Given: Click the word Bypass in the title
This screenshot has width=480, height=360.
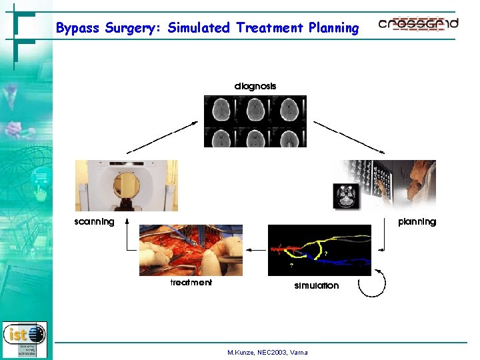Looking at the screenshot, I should [78, 28].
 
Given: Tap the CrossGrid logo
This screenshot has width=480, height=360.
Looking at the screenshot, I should [418, 25].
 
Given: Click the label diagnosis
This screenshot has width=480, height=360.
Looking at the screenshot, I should [255, 86].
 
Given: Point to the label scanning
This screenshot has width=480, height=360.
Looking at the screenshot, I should [94, 221].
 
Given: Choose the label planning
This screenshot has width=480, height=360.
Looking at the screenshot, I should [417, 221].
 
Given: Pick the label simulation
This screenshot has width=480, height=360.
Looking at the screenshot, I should [317, 285].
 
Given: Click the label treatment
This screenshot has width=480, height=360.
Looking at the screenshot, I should [191, 283].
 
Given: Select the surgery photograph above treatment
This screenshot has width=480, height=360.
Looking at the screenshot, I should [191, 250].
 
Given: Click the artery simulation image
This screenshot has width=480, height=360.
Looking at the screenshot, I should [319, 250].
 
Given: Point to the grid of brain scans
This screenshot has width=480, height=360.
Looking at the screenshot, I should [255, 121].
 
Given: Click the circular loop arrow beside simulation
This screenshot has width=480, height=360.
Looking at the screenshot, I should [371, 285].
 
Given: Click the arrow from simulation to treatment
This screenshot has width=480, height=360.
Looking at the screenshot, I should [255, 250].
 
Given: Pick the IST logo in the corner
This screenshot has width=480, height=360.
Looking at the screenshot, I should [25, 337].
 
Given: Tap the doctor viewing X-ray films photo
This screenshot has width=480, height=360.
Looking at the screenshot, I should [385, 185].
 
